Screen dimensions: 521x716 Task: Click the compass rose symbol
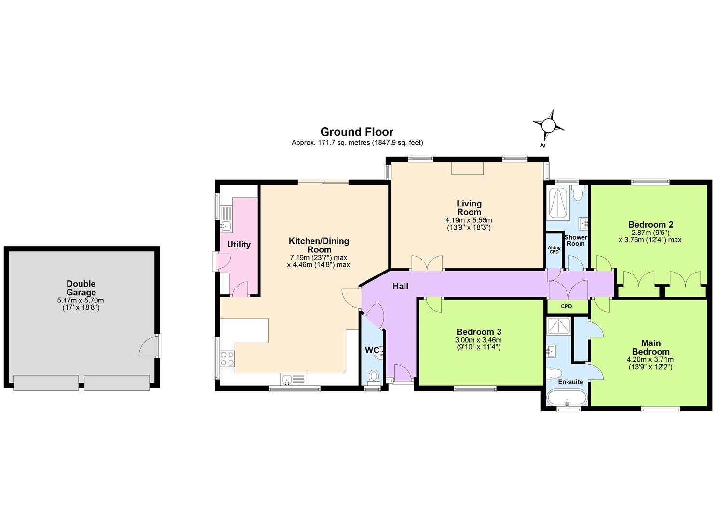tap(548, 125)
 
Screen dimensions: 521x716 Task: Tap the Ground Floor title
tap(357, 132)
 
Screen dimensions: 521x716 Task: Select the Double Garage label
tap(81, 288)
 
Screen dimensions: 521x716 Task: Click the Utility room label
tap(239, 245)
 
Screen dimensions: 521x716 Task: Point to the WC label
tap(371, 350)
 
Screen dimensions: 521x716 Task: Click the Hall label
tap(400, 286)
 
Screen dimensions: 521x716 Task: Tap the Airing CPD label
tap(554, 250)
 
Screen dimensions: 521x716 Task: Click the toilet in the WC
tap(374, 375)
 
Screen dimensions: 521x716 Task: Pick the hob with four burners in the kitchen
tap(227, 358)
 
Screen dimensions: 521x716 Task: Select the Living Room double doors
tap(427, 263)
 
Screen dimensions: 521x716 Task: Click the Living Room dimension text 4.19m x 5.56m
tap(468, 220)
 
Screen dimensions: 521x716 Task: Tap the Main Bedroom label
tap(650, 347)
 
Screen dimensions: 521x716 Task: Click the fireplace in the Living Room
tap(467, 168)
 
